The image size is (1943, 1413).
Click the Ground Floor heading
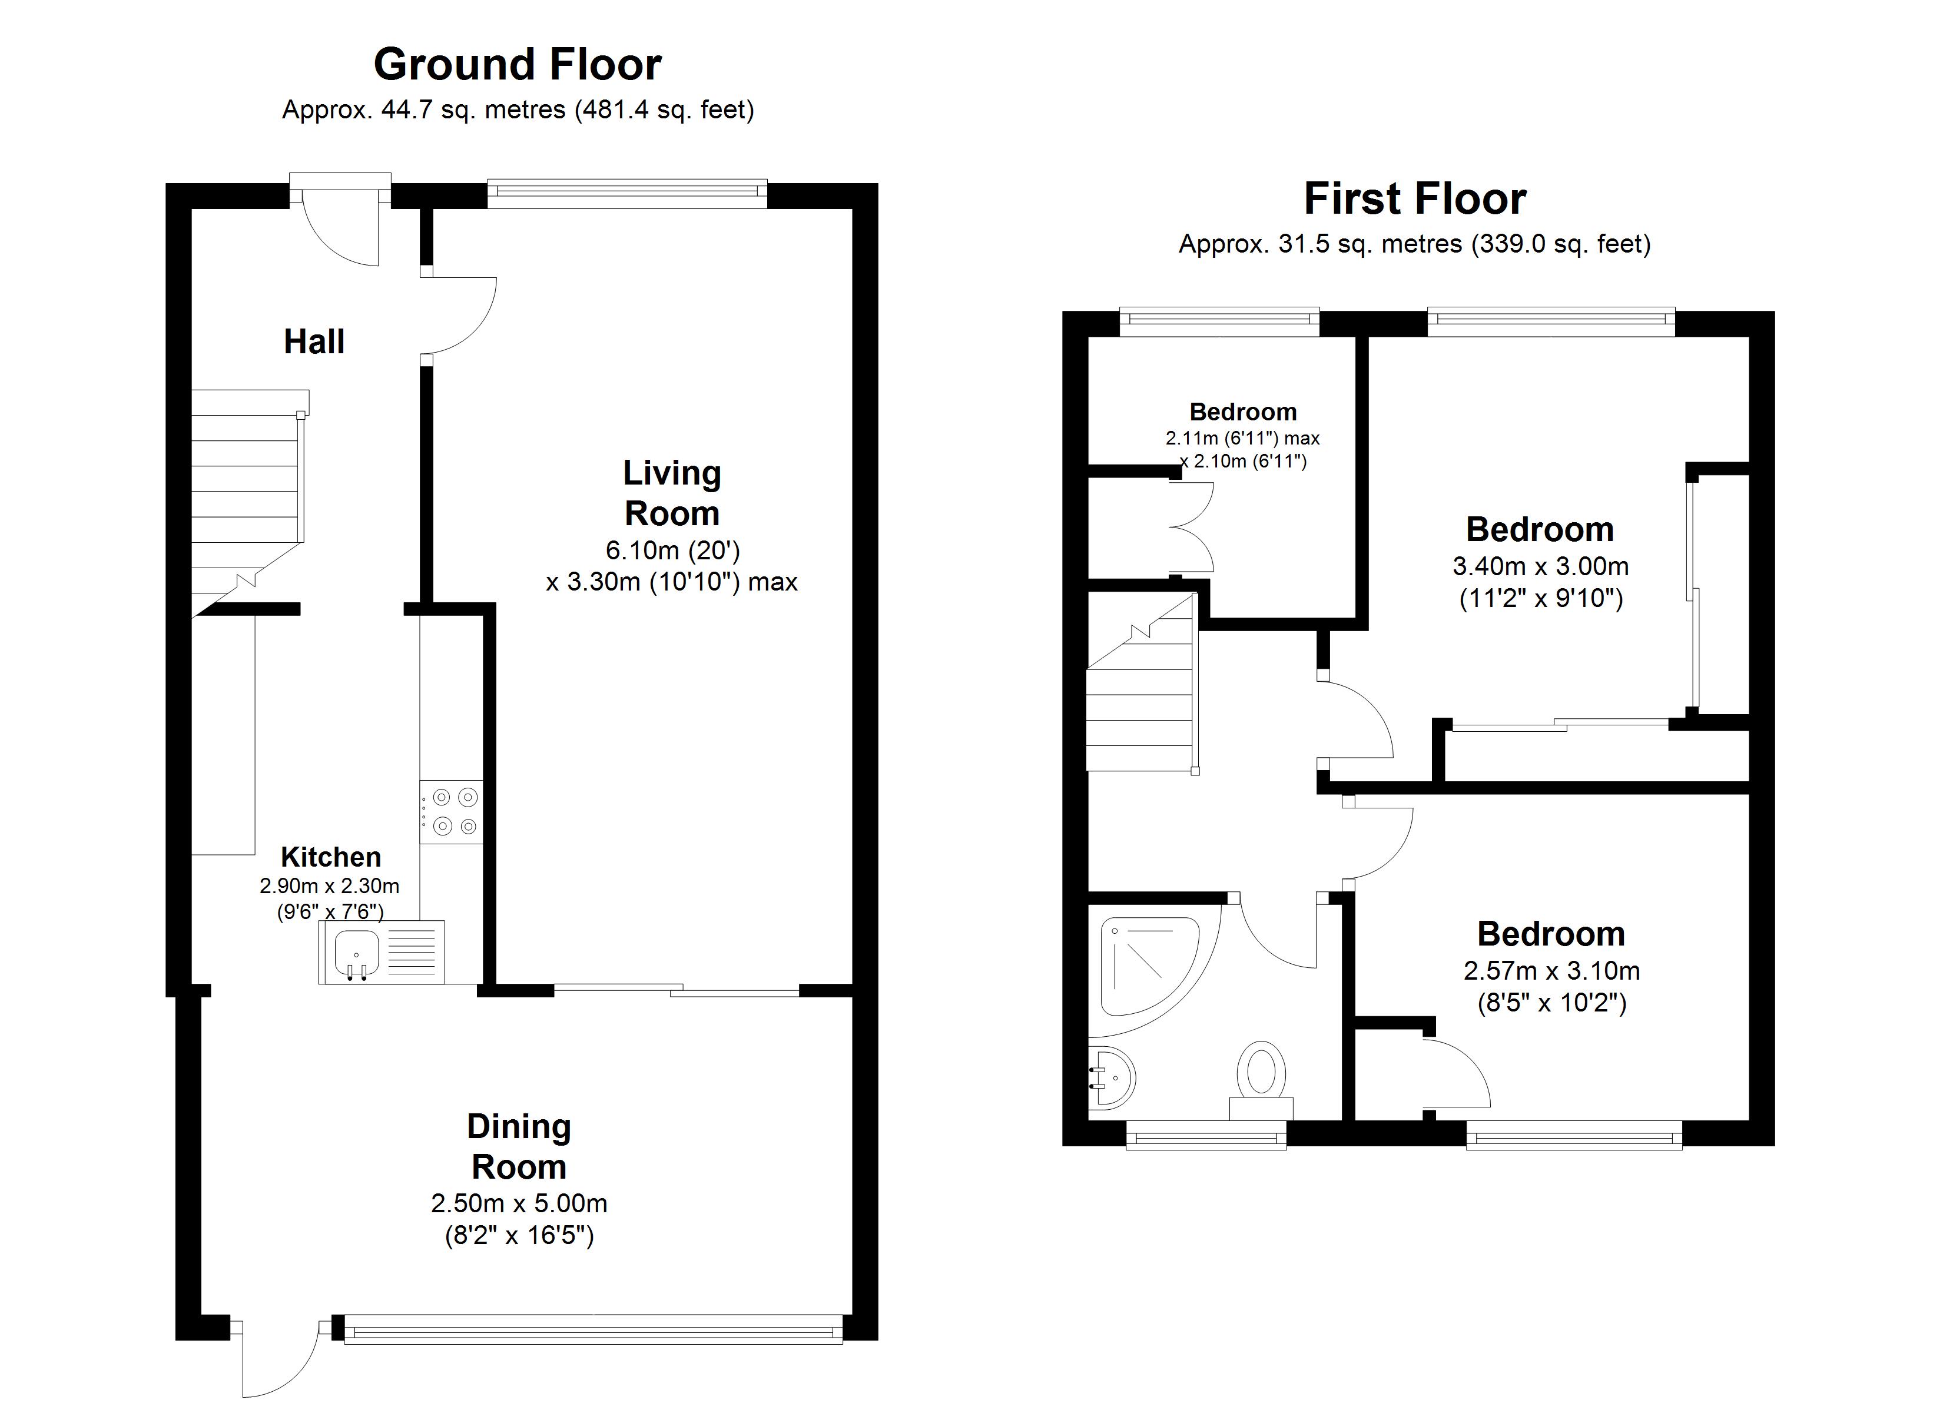pos(518,64)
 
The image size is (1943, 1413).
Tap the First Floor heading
pos(1414,199)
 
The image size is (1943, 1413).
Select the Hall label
pos(314,342)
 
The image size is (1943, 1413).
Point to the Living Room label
pos(672,493)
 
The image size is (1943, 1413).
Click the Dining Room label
pos(519,1146)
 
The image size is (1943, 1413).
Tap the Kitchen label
pos(331,857)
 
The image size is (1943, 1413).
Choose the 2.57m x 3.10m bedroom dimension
pos(1551,971)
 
